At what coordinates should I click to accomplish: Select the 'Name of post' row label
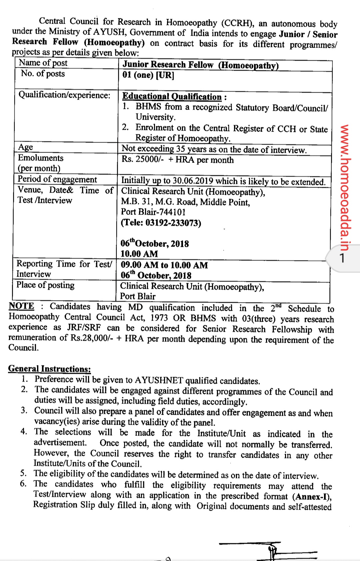(43, 63)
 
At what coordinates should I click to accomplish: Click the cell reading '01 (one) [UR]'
(148, 75)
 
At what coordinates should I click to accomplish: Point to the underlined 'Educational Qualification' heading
(172, 97)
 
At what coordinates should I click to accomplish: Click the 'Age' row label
(26, 147)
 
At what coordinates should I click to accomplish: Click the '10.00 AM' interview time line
(139, 254)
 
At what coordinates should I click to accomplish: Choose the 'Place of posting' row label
(46, 285)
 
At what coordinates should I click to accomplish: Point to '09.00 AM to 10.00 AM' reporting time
(164, 265)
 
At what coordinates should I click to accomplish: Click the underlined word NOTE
(21, 306)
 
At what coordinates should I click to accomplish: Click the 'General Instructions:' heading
(49, 369)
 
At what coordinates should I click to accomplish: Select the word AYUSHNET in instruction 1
(159, 380)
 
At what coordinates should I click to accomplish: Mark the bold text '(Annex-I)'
(312, 497)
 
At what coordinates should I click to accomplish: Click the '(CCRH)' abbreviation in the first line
(237, 23)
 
